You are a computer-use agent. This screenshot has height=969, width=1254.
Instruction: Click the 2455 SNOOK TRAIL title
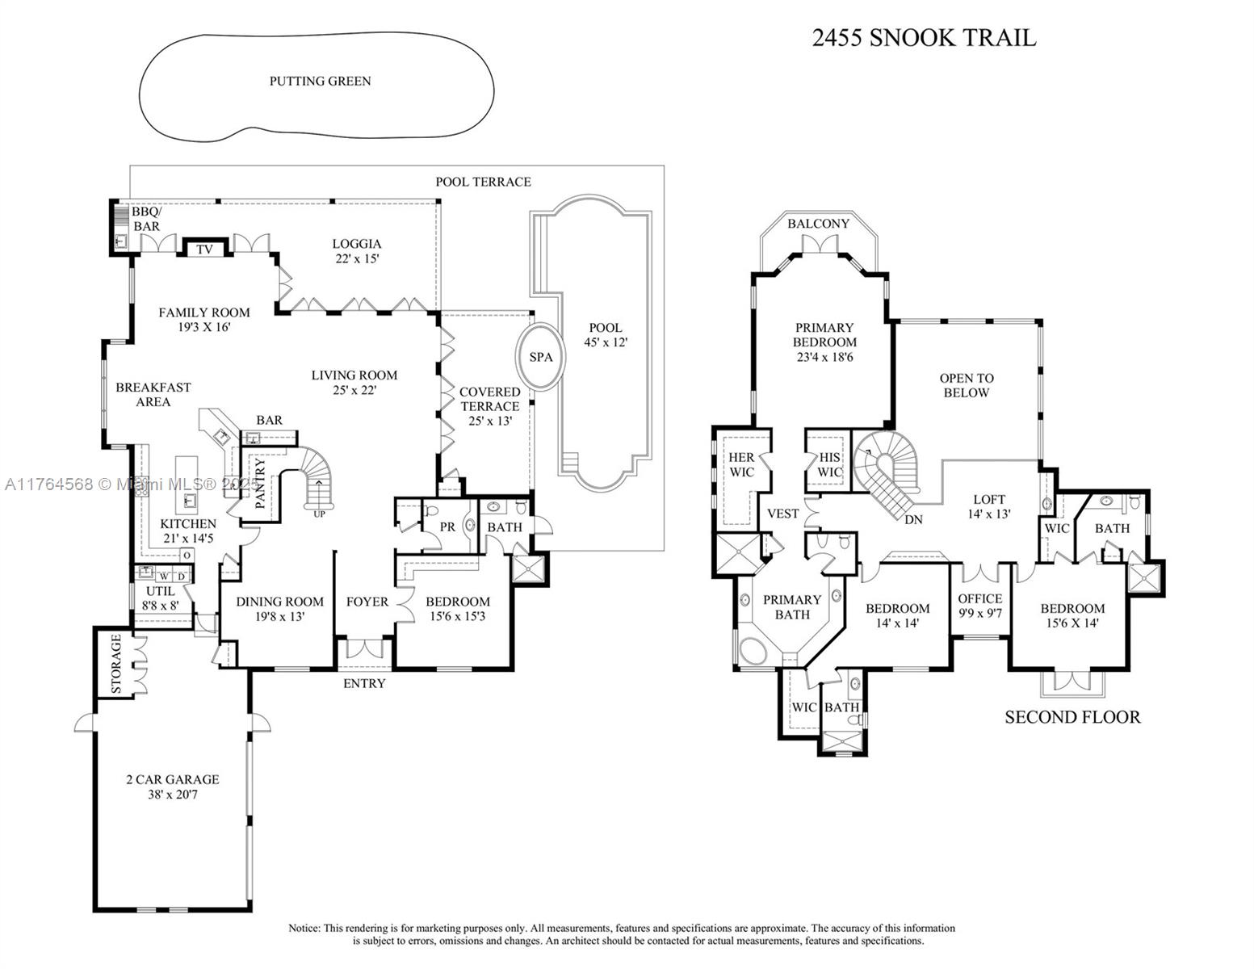tap(923, 38)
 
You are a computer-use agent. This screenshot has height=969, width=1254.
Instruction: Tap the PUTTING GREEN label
tap(320, 81)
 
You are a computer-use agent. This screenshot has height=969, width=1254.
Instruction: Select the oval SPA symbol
tap(540, 356)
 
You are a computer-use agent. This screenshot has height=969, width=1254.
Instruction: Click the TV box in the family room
tap(205, 250)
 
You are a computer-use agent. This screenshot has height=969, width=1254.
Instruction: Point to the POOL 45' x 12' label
tap(605, 334)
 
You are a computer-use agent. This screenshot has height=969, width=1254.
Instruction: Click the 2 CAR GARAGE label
tap(172, 787)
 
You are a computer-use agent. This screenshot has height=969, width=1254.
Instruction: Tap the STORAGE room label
tap(115, 664)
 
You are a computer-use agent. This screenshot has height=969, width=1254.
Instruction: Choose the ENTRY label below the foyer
tap(364, 683)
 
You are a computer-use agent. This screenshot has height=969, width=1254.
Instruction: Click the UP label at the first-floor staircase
tap(319, 514)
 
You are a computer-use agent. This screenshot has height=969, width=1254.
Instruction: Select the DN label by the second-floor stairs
tap(913, 519)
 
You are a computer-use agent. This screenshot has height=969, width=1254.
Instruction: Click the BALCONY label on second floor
tap(818, 224)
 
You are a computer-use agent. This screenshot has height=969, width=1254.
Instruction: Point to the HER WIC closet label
tap(740, 464)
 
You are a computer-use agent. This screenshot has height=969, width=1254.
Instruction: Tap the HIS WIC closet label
tap(829, 464)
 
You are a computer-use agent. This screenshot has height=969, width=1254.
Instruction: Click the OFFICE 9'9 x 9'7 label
tap(979, 606)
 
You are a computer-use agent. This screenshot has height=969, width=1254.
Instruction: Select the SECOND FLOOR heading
tap(1072, 717)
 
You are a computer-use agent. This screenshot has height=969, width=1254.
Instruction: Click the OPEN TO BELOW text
tap(966, 385)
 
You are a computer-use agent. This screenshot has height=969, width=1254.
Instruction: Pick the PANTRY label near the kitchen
tap(260, 484)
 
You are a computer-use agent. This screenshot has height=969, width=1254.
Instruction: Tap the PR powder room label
tap(447, 526)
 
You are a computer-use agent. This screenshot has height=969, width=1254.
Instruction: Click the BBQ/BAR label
tap(145, 219)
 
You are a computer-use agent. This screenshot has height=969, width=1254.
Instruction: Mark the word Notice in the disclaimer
tap(304, 928)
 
